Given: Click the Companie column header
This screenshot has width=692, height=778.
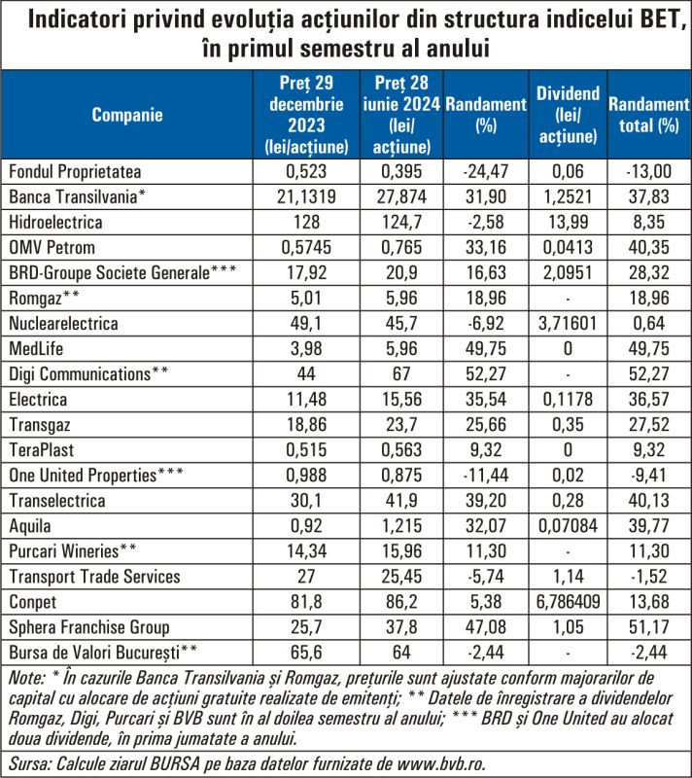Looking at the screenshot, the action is [127, 115].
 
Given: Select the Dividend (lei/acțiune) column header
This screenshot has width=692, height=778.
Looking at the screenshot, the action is [568, 115].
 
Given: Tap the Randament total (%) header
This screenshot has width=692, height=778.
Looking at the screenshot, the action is [649, 115].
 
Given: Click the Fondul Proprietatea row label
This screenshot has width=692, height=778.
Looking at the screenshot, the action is [75, 172].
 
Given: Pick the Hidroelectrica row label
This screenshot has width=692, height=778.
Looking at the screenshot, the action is [55, 223].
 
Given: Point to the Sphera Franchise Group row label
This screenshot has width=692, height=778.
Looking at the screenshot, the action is [89, 627].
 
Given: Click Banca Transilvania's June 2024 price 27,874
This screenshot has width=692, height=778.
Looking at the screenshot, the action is [401, 197].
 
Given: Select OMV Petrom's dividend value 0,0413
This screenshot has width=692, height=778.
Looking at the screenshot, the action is [568, 248].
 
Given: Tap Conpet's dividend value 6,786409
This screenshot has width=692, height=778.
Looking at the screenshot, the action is [568, 602].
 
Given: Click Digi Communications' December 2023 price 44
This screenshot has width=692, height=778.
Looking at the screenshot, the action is [306, 374].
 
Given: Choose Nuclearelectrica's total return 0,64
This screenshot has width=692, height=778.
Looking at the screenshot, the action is [649, 324].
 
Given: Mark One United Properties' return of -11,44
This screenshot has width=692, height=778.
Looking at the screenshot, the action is [486, 476].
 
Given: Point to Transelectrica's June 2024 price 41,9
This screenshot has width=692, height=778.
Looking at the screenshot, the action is [401, 501].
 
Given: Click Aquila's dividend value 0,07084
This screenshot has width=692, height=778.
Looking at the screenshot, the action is [568, 526].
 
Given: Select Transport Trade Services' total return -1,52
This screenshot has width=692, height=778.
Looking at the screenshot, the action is [649, 577].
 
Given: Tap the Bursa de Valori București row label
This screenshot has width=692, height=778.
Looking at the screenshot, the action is [103, 653].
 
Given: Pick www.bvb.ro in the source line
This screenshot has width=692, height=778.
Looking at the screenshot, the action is [440, 763].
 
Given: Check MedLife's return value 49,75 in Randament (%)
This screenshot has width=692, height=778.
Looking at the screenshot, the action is [486, 349].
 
